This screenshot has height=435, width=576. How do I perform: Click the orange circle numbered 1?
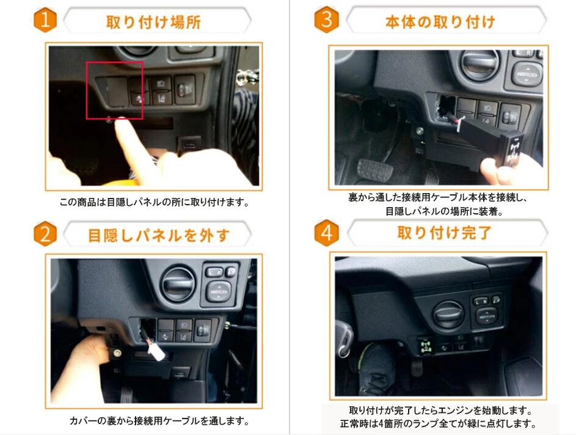[x=45, y=21]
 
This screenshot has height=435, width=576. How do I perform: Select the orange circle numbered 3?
[x=326, y=21]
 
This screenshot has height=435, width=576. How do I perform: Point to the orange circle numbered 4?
[x=326, y=233]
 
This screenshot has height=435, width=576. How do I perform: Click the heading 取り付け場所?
[x=153, y=22]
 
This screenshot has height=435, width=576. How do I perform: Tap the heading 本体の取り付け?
[x=440, y=22]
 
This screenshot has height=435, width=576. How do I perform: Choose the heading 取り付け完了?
[x=444, y=233]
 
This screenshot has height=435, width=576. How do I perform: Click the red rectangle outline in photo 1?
[x=114, y=90]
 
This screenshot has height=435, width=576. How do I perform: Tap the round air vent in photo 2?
[x=178, y=283]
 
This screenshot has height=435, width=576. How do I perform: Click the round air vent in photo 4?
[x=448, y=315]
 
